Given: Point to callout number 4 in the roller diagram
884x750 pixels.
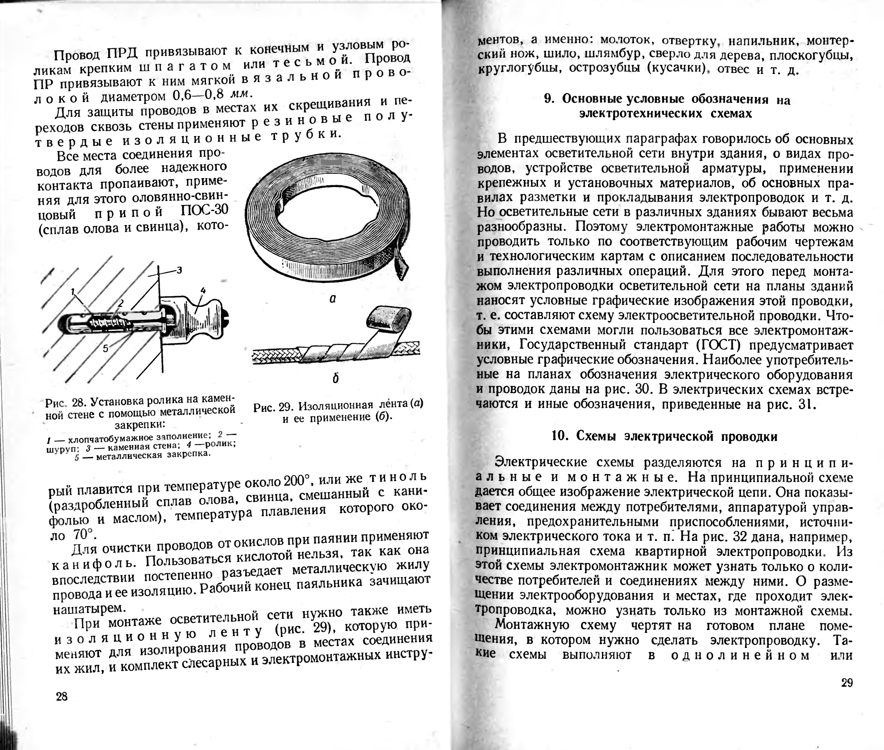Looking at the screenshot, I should tap(203, 290).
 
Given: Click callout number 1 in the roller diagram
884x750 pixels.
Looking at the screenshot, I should tap(73, 291).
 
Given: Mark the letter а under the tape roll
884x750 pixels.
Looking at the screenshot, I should tap(333, 299).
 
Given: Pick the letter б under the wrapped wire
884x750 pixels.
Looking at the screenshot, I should tap(336, 378).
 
